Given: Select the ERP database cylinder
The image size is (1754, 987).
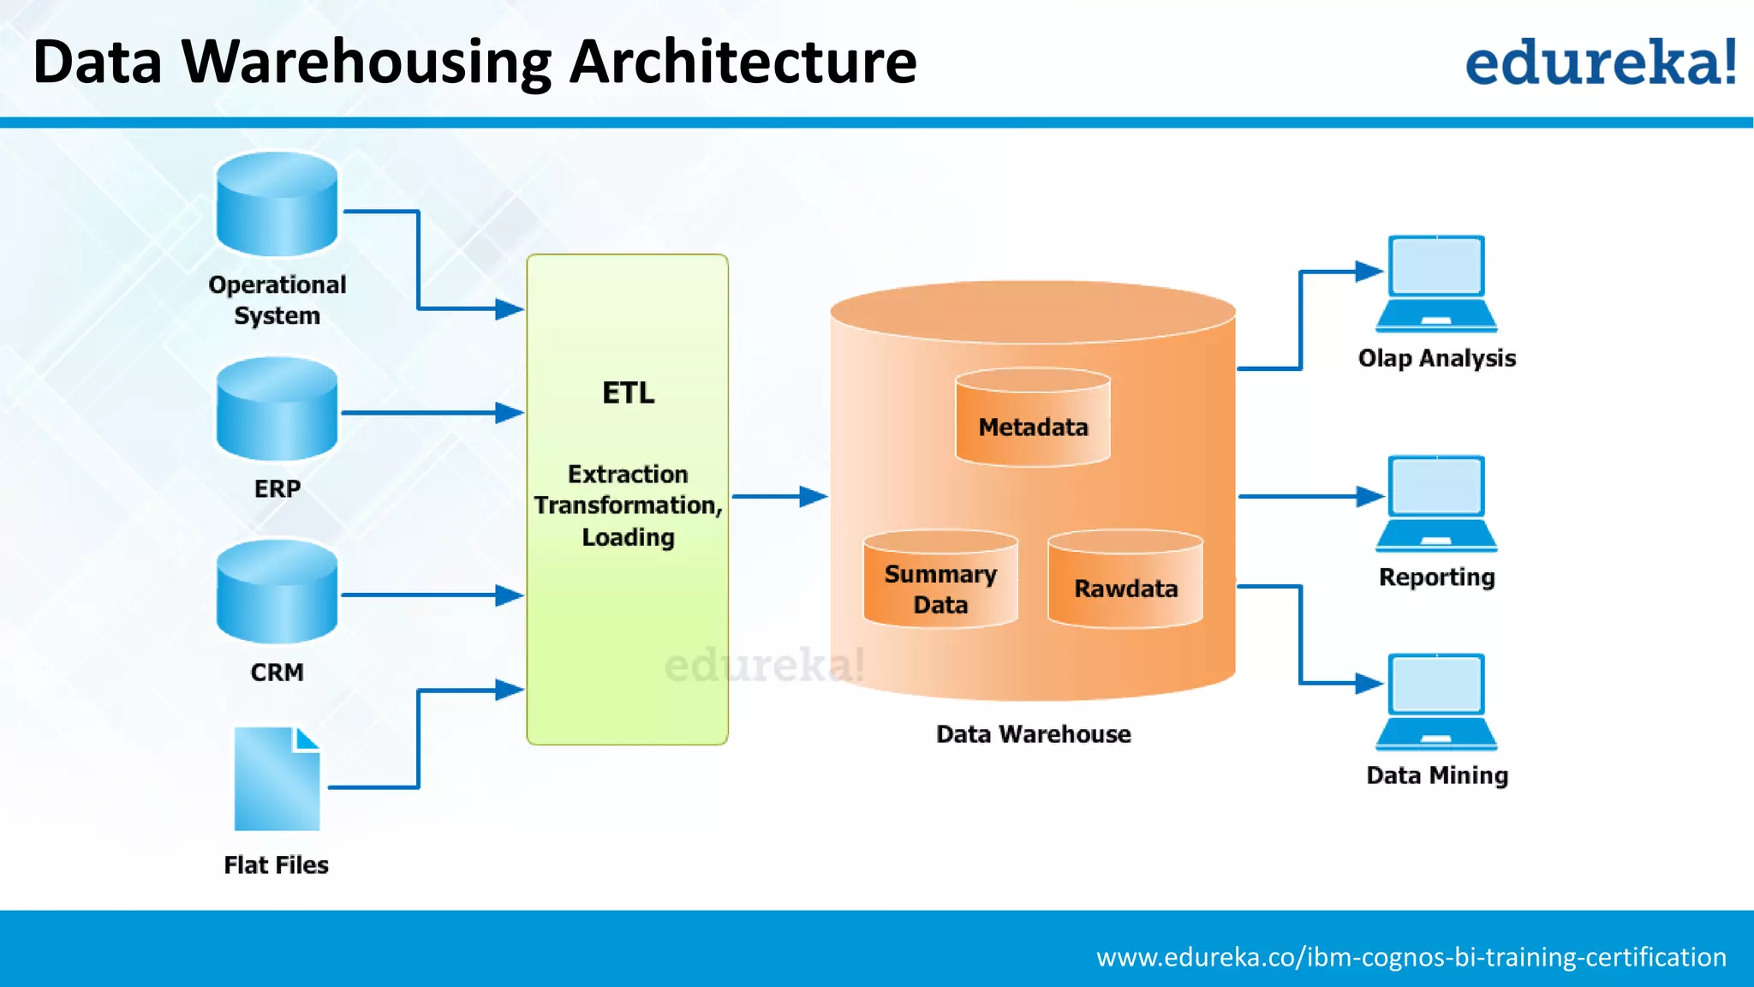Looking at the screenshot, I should [277, 409].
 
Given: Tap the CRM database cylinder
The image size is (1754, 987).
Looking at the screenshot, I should [277, 591].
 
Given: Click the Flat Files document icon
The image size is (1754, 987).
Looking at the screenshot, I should [277, 779].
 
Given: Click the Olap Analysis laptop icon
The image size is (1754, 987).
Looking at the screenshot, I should [1436, 284].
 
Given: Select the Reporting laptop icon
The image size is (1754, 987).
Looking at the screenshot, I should [1436, 504].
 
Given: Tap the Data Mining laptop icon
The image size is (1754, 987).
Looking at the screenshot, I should [1436, 702].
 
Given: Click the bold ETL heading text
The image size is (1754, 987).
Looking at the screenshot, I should [628, 392].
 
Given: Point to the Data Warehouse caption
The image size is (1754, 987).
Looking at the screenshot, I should [1033, 734].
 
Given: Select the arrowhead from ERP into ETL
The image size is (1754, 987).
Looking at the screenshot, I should [510, 413].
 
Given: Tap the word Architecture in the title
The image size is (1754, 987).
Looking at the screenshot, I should [743, 62].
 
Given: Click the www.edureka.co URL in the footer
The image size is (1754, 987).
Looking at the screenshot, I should [1411, 956].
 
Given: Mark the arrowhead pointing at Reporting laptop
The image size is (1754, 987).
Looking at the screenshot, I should [1369, 496].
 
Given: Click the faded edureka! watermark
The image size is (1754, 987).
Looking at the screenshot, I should [764, 666].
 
